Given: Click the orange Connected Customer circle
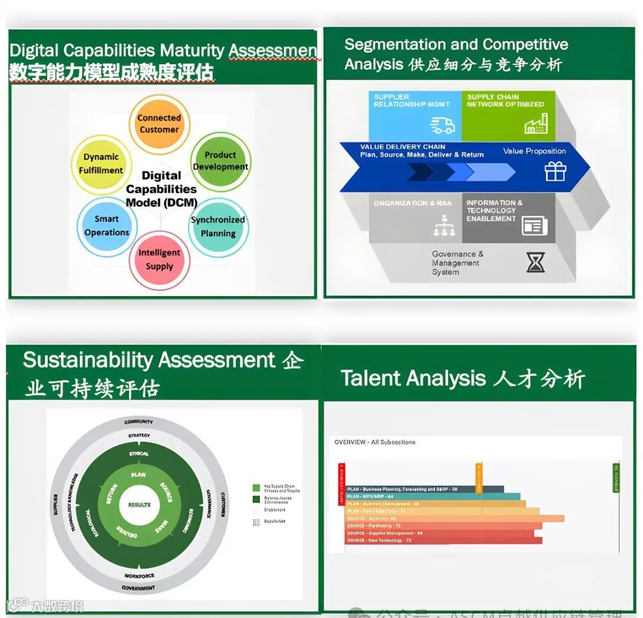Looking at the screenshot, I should (159, 124).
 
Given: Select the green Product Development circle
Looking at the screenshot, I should (220, 161).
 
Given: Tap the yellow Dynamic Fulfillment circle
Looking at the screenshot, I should (101, 164).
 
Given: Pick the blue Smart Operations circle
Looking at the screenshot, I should (107, 226).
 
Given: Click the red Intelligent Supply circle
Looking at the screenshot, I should (159, 259).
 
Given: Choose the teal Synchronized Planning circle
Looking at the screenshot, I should (218, 227).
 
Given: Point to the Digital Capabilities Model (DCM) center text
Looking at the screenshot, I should (161, 189).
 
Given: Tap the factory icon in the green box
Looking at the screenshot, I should (535, 124).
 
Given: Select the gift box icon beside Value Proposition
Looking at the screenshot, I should (555, 171).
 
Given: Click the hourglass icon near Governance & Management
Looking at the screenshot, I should (535, 262).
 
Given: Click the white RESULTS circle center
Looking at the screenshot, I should (139, 505).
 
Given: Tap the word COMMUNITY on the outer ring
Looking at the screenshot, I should (139, 422).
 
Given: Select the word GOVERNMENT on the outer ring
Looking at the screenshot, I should (139, 588).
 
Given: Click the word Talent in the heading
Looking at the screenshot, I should (370, 379).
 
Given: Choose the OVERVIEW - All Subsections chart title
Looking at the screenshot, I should (374, 442).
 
